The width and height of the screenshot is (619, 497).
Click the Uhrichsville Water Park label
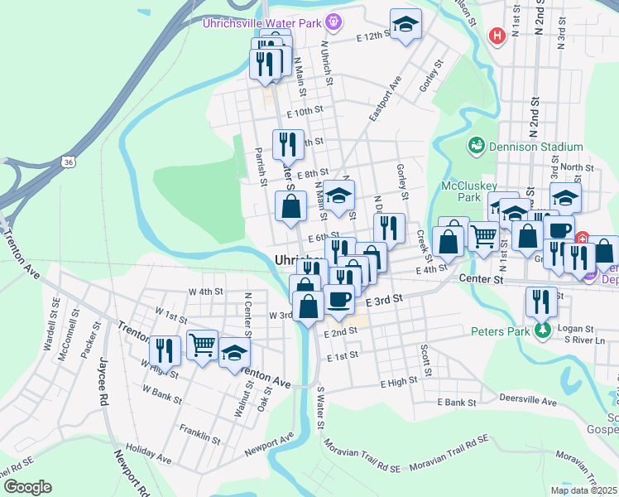coord(262,22)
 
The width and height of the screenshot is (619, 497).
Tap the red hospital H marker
coord(497,36)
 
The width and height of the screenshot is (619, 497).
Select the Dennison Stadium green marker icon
coord(476,147)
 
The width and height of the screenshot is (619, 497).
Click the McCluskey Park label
coord(461,191)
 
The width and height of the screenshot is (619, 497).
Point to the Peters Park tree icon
coord(543,331)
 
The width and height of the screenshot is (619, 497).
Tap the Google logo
coord(26,486)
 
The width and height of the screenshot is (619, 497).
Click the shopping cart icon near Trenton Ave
coord(202,344)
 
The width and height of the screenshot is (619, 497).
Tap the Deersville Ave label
coord(528,398)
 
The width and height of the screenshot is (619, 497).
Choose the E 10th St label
coord(304,111)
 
